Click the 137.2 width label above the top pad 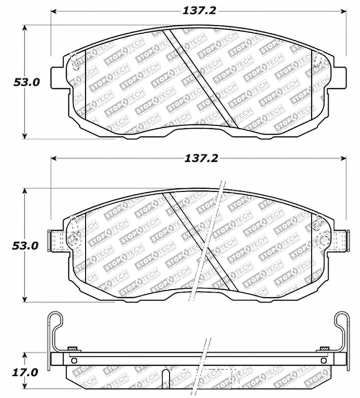[199, 10]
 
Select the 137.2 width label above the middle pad [199, 158]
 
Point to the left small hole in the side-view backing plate [74, 360]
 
